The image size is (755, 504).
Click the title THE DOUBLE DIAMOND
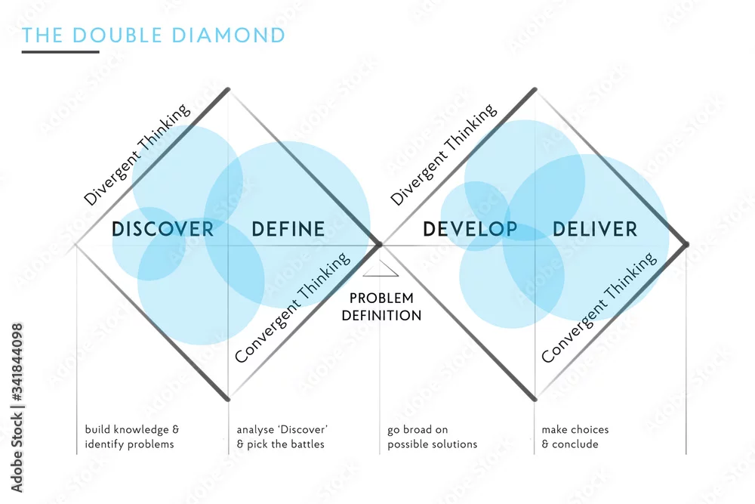point(153,36)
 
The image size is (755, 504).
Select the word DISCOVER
point(163,229)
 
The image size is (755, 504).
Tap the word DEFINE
point(288,229)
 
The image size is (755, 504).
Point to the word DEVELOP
point(470,229)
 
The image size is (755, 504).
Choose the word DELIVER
point(595,229)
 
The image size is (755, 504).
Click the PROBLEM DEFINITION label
point(381,307)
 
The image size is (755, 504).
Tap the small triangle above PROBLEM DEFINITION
point(381,269)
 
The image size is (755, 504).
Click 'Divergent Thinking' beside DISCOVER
point(137,155)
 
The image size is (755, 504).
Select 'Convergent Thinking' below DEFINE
point(292,308)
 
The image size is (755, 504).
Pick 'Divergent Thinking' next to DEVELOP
point(443,155)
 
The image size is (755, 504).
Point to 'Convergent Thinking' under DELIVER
point(599,308)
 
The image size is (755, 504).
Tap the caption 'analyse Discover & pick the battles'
point(282,437)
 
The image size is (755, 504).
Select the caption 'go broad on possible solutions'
point(432,437)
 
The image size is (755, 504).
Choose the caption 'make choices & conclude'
point(575,437)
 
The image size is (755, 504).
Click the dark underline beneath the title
point(60,51)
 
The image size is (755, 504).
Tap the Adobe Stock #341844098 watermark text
point(17,407)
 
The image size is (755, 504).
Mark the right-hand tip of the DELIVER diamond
point(686,245)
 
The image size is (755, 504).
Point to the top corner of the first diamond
point(228,89)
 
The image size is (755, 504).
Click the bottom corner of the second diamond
point(535,400)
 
